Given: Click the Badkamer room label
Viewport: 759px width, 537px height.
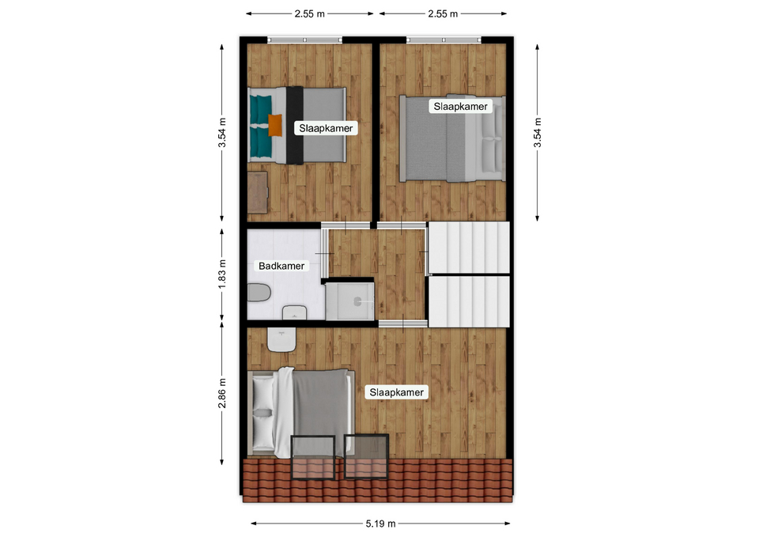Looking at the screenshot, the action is [281, 266].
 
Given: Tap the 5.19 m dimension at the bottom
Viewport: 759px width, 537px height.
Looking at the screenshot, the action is [380, 524].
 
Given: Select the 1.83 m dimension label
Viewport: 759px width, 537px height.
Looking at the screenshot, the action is [222, 274].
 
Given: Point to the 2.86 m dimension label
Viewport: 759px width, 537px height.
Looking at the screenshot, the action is [222, 393].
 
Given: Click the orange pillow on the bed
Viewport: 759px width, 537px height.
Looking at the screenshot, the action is [275, 125].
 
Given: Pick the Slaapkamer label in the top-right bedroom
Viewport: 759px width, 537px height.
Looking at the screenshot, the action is [460, 107].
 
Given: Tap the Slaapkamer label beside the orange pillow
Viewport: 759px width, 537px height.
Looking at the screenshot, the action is [326, 128].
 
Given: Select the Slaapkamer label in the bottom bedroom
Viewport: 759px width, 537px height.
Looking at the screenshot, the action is [396, 392].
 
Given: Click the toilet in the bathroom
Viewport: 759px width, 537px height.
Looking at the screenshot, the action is [259, 293].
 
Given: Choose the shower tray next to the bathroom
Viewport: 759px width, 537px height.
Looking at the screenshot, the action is [349, 301].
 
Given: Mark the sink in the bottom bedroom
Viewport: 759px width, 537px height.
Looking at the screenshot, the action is [281, 340].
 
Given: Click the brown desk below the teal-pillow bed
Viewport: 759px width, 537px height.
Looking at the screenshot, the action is [258, 192].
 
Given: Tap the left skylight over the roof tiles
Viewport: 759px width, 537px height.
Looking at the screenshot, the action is [313, 458].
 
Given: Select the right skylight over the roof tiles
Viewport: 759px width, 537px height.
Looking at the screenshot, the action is [366, 456].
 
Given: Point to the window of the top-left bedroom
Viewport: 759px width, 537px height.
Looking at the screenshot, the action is [305, 40].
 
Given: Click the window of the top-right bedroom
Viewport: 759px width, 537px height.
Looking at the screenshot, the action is [444, 40].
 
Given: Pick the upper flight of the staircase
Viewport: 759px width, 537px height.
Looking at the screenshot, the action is [469, 248].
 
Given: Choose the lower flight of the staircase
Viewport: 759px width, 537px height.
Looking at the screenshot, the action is [469, 301].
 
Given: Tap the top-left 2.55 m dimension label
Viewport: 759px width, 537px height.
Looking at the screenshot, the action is [309, 14].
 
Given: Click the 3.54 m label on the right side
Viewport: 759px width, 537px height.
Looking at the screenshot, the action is [538, 133].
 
